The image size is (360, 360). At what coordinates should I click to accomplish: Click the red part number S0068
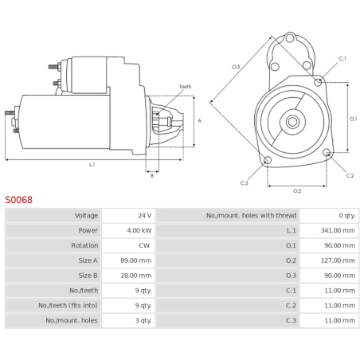tap(18, 200)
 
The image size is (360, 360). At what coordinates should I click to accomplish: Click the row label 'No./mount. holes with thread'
tap(251, 215)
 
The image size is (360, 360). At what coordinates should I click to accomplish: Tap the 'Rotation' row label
tap(84, 245)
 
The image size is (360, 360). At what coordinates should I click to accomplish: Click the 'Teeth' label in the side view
tap(185, 86)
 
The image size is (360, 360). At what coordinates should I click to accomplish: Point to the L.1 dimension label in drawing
tap(92, 165)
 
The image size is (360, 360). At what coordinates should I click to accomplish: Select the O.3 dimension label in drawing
tap(236, 66)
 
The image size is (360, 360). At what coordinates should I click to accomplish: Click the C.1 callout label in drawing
tap(342, 59)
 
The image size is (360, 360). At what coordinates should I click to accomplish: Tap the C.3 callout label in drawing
tap(245, 182)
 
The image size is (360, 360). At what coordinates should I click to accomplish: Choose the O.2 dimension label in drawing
tap(297, 190)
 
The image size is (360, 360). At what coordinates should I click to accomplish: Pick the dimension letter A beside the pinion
tap(199, 120)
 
